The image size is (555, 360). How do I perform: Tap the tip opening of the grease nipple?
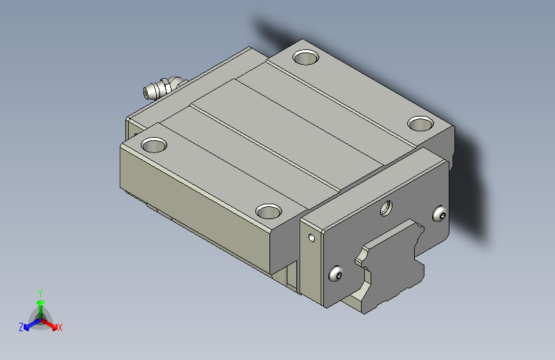pyautogui.click(x=145, y=93)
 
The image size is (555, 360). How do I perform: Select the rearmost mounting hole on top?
pyautogui.click(x=306, y=57)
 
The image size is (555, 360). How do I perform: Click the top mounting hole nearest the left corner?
pyautogui.click(x=154, y=145)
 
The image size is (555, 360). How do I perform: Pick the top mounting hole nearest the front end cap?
pyautogui.click(x=269, y=211)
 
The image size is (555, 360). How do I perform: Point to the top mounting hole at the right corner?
pyautogui.click(x=421, y=124)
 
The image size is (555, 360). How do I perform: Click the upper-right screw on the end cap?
pyautogui.click(x=440, y=214)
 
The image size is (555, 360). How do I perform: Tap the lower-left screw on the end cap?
pyautogui.click(x=335, y=274)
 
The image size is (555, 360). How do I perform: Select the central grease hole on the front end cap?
pyautogui.click(x=386, y=208)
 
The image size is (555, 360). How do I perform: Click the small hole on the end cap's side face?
pyautogui.click(x=312, y=238)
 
